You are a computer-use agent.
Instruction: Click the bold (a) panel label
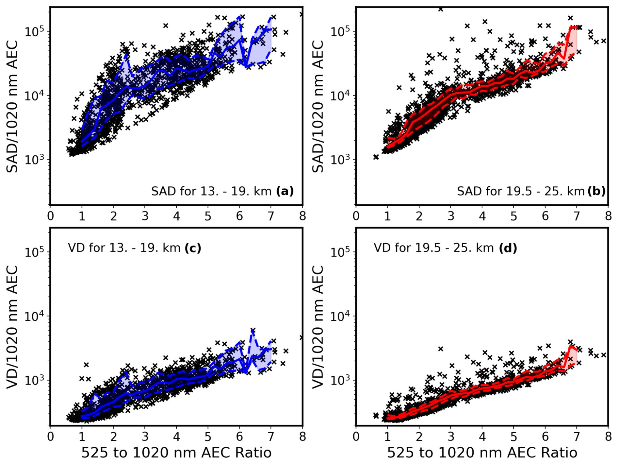285,191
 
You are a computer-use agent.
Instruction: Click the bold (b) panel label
596,191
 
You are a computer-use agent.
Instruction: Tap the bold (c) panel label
193,248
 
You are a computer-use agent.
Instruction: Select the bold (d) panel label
508,248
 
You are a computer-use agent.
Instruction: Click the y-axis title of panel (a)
12,106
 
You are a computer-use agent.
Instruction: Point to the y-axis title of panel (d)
318,327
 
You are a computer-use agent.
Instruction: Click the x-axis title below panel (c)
176,453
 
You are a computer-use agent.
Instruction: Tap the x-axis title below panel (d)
482,453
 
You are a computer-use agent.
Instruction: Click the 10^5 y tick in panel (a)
35,31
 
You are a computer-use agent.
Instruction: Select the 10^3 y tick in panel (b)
341,160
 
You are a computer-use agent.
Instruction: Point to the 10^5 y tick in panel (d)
341,252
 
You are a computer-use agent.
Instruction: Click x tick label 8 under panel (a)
302,216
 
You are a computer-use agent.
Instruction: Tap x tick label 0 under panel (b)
356,216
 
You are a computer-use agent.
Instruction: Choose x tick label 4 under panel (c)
176,437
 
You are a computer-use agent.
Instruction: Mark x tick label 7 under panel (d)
577,437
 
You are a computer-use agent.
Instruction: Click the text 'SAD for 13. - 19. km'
211,191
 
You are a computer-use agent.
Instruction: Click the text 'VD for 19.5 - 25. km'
433,248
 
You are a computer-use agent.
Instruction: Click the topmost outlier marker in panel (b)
441,9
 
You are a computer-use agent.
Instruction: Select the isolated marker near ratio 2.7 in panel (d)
441,349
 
